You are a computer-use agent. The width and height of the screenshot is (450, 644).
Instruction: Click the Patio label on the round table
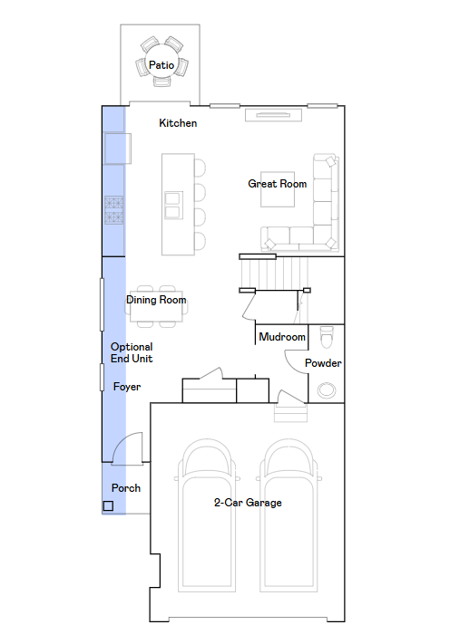(161, 65)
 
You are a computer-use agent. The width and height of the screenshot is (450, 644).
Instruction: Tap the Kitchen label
(178, 123)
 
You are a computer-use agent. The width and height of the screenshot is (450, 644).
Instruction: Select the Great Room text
(278, 184)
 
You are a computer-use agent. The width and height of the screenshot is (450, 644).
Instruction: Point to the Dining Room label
(156, 300)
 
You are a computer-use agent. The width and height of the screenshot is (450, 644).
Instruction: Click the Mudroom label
(282, 337)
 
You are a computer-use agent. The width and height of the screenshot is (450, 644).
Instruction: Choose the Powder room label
(323, 363)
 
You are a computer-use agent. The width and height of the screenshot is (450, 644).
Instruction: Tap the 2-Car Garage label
(248, 503)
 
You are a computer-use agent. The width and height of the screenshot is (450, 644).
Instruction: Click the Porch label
(126, 488)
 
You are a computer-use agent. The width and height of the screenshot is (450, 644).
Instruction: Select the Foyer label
(127, 387)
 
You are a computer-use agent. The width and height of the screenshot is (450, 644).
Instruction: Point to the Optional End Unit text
(132, 352)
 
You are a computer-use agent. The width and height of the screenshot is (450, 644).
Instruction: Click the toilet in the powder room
(327, 338)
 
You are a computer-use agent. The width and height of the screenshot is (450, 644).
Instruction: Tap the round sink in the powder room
(327, 390)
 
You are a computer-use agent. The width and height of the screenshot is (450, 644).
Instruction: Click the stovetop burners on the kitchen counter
(114, 210)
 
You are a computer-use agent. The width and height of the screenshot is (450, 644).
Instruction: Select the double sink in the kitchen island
(173, 205)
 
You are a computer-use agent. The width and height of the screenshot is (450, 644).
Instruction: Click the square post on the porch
(108, 506)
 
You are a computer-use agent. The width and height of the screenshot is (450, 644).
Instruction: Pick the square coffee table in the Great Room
(278, 189)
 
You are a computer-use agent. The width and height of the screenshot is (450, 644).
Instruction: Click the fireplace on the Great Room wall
(273, 115)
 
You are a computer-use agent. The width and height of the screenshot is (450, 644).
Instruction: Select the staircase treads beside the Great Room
(274, 274)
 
